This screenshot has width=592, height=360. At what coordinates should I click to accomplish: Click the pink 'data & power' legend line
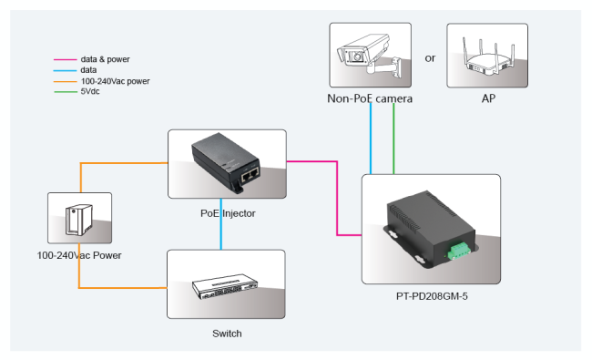click(x=65, y=59)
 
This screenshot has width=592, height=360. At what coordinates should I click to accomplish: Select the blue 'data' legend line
click(x=65, y=71)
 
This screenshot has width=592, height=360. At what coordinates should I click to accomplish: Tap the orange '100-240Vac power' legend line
click(x=65, y=82)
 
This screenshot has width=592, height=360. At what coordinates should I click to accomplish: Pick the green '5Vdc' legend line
click(x=65, y=92)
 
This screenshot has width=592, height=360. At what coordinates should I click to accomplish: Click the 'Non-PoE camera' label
click(x=370, y=98)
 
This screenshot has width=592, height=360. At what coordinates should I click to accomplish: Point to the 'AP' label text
click(x=488, y=98)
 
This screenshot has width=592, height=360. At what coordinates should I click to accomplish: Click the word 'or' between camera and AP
click(x=430, y=58)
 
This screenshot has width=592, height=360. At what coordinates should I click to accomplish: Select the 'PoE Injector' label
click(x=228, y=213)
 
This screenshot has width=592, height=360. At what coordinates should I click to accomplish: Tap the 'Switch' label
click(x=227, y=334)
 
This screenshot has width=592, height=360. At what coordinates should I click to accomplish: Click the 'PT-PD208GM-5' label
click(x=432, y=296)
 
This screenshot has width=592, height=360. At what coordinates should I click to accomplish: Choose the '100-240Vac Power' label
click(x=79, y=255)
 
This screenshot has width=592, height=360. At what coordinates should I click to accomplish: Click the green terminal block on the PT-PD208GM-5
click(x=459, y=250)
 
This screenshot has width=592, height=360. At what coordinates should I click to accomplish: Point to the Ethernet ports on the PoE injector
click(x=250, y=175)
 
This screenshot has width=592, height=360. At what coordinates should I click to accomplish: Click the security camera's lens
click(x=357, y=57)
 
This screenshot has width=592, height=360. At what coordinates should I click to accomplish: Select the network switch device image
click(x=225, y=286)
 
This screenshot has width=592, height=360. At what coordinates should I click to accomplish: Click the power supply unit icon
click(x=79, y=220)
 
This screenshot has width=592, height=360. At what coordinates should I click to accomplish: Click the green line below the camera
click(x=393, y=139)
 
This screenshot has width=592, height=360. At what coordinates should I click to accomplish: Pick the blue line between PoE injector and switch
click(x=221, y=224)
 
